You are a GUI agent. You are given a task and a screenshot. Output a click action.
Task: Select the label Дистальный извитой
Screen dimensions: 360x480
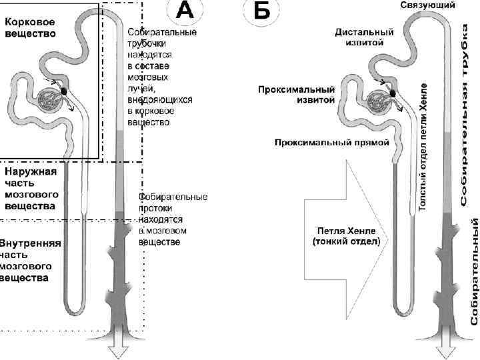[364, 37]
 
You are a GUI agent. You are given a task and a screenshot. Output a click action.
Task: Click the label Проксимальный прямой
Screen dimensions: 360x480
[331, 142]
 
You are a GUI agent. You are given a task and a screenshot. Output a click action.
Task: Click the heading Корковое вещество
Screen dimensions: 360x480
[31, 27]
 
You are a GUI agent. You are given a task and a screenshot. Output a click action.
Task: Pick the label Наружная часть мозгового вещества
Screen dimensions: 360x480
[31, 189]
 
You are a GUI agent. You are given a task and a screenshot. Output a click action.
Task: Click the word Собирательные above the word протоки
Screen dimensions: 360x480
[173, 197]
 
